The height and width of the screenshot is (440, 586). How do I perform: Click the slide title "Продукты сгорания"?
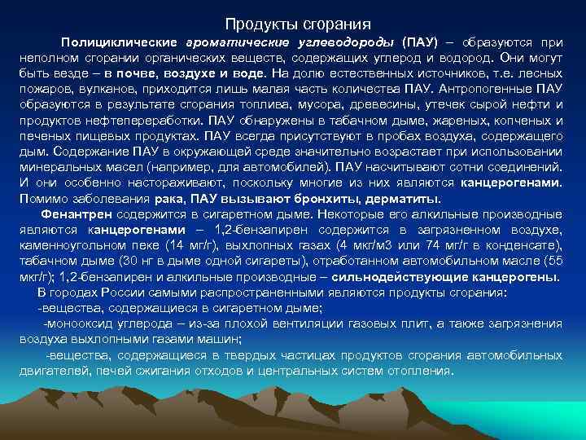pyautogui.click(x=298, y=24)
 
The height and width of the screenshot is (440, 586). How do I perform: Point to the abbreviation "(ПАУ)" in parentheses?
pyautogui.click(x=419, y=42)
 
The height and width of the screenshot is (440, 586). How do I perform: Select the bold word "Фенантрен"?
pyautogui.click(x=78, y=213)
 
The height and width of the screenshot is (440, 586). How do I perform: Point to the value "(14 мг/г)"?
pyautogui.click(x=186, y=244)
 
